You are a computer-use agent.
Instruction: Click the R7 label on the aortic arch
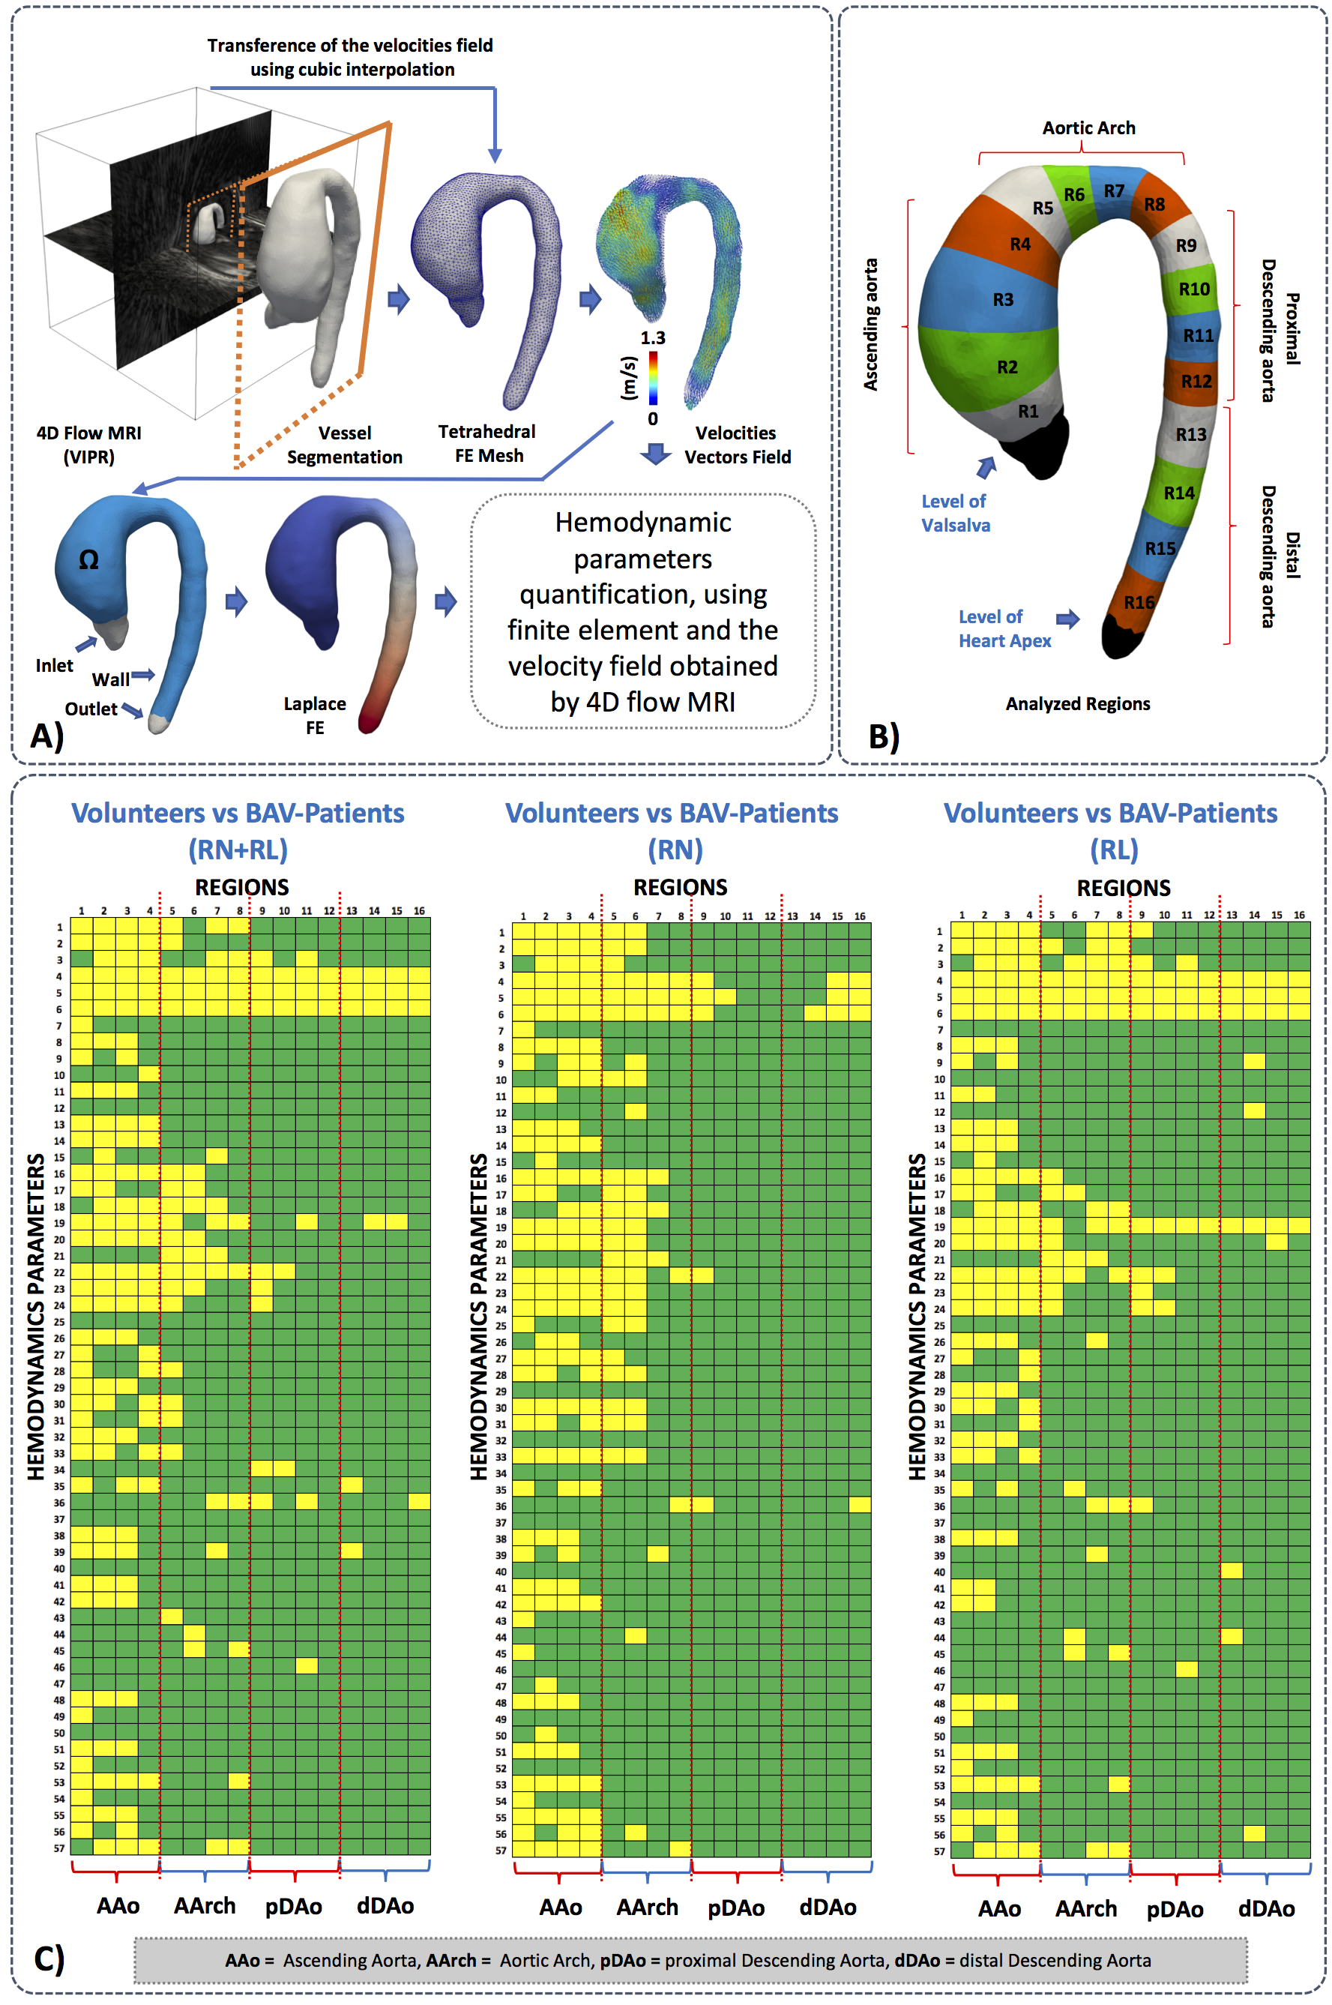coord(1114,191)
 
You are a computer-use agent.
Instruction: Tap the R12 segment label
coord(1196,382)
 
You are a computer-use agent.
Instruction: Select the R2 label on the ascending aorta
coord(1007,367)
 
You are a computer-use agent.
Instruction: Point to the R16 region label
coord(1139,602)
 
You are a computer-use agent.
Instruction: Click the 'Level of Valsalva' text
coord(955,513)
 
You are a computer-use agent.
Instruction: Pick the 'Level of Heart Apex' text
coord(1004,628)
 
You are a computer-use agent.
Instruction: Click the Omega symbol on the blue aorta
coord(88,560)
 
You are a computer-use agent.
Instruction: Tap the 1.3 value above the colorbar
coord(652,337)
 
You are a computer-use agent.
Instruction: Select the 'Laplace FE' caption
coord(314,715)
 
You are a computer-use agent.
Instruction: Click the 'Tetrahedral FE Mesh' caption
coord(488,443)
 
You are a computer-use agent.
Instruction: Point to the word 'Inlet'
coord(55,665)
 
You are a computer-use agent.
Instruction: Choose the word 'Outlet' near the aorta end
coord(91,709)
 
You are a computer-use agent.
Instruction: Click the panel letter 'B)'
coord(884,736)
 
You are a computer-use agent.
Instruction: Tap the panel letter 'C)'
coord(49,1958)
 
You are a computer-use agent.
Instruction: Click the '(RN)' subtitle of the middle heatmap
coord(675,849)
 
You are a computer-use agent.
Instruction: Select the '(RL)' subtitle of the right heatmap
coord(1114,849)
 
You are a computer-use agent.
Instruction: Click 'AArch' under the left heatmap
coord(205,1905)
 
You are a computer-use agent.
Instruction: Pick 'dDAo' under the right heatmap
coord(1266,1909)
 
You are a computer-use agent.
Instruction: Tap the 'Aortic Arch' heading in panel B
coord(1088,127)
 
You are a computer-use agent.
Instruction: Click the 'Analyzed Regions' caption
coord(1077,703)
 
